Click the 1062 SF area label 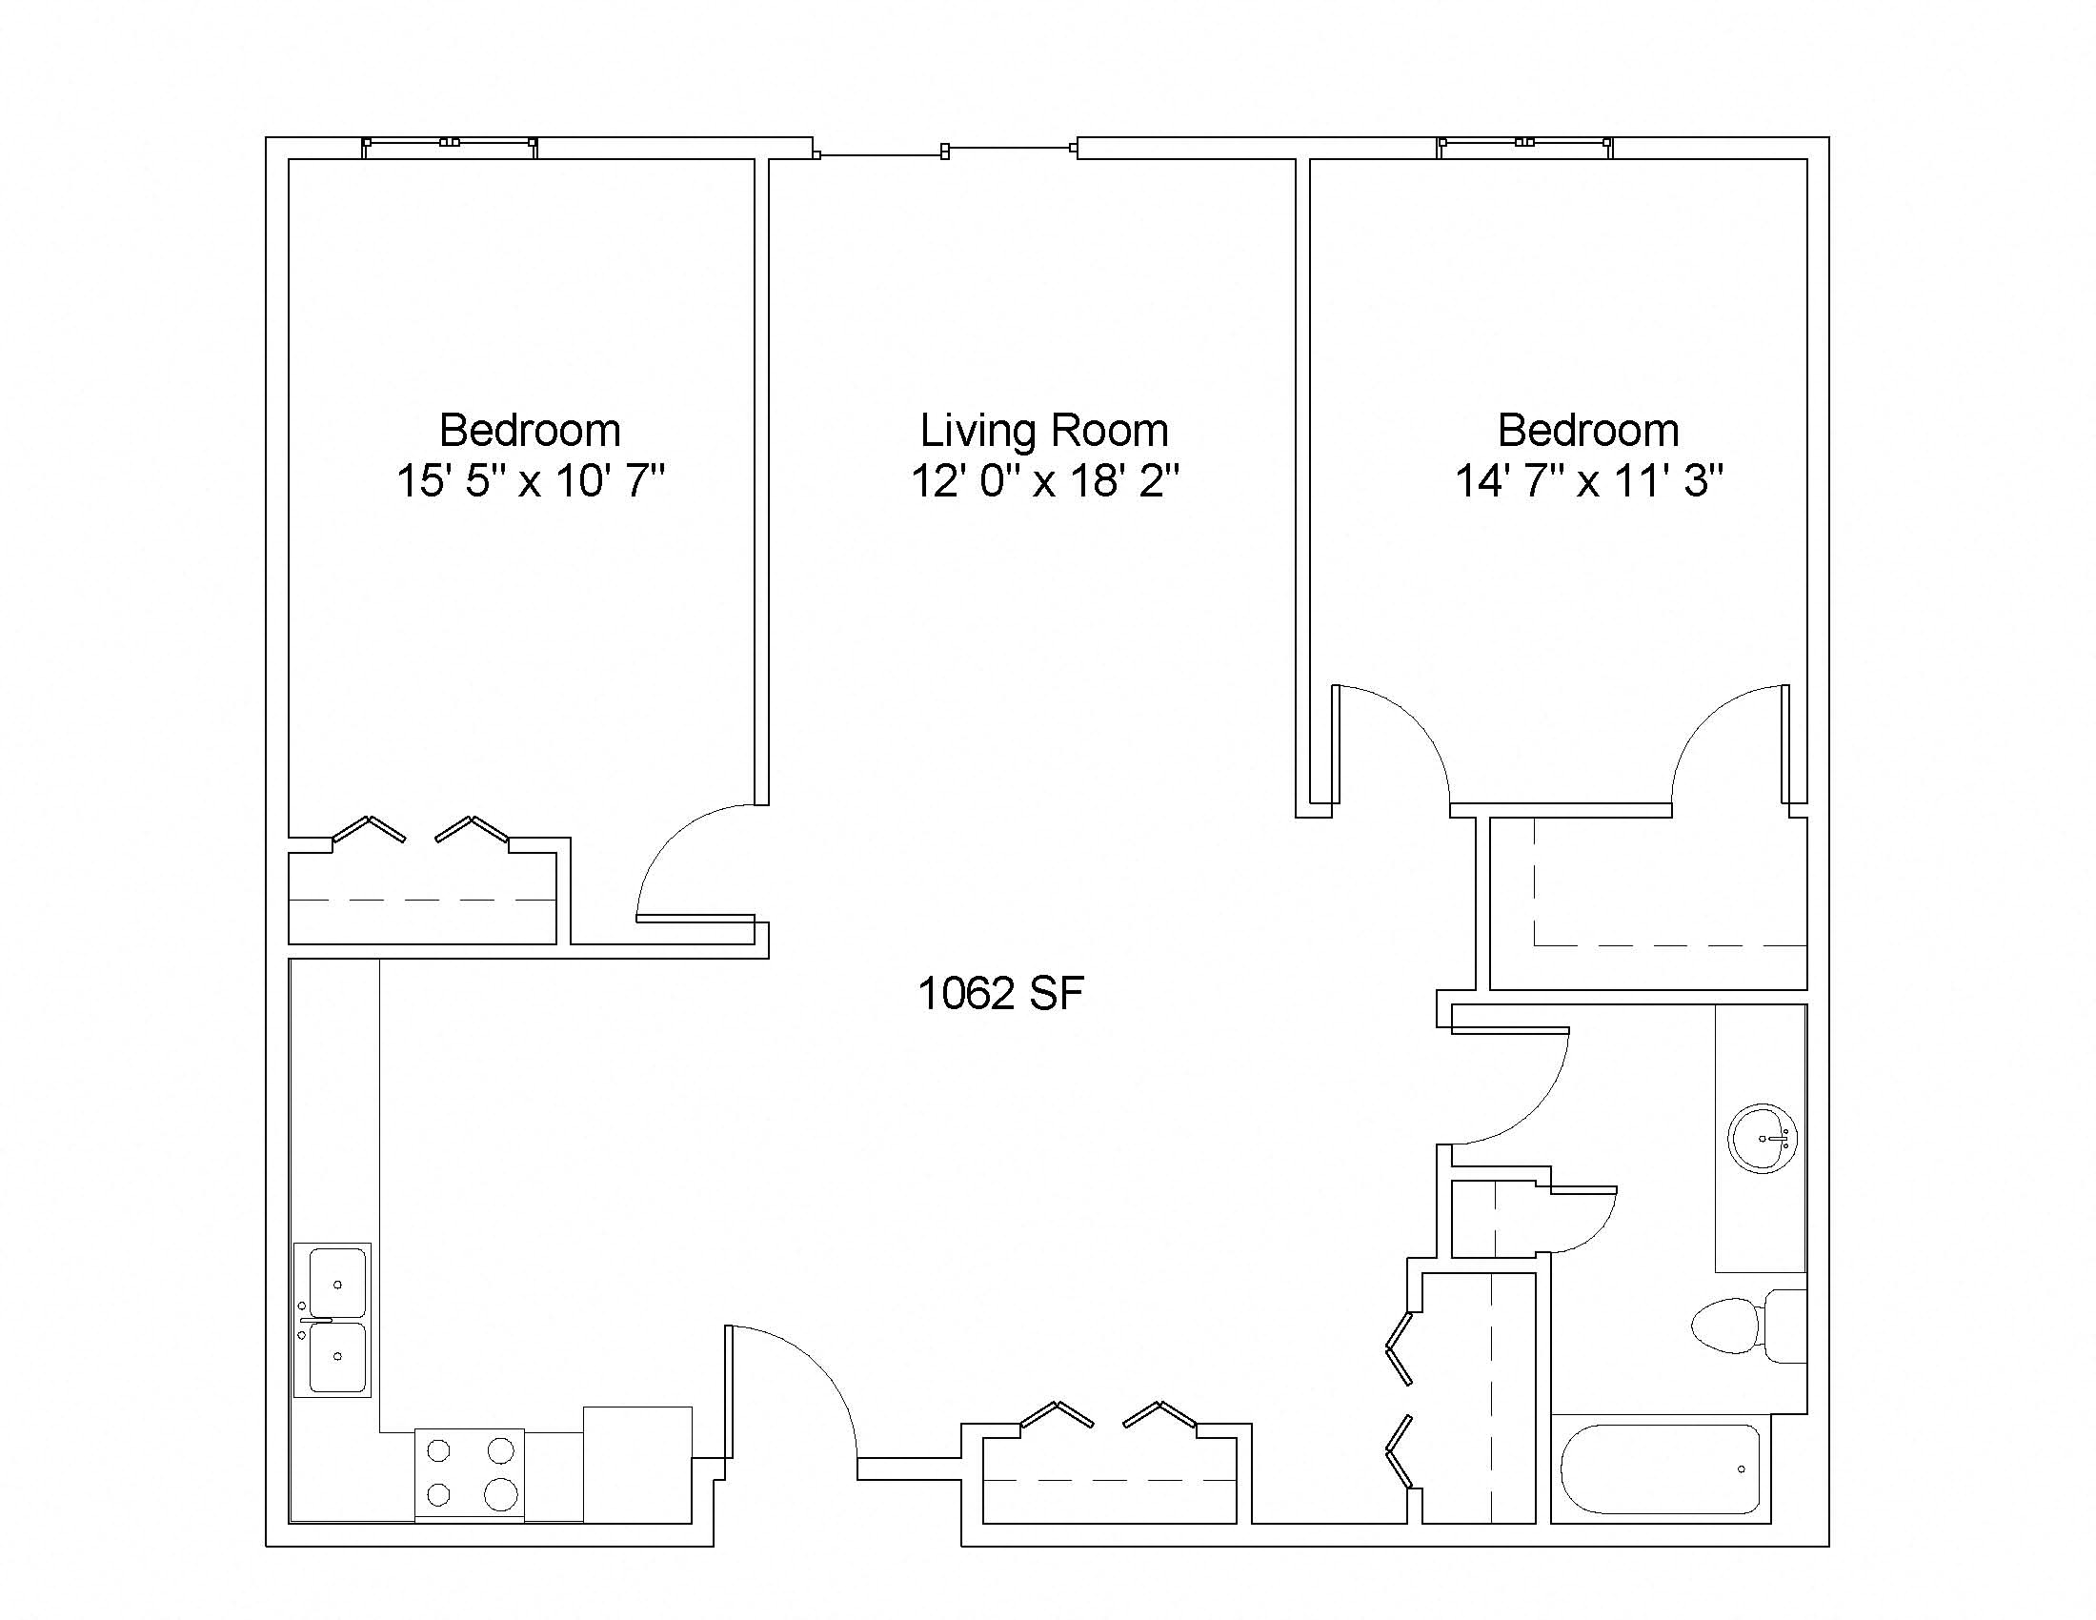click(x=1001, y=993)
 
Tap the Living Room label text click(x=1044, y=430)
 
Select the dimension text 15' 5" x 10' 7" click(x=530, y=480)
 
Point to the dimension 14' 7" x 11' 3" click(x=1589, y=480)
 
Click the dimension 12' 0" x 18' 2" click(x=1044, y=480)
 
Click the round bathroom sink click(x=1762, y=1138)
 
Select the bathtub click(x=1661, y=1469)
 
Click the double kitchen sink click(x=333, y=1320)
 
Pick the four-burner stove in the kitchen click(x=470, y=1473)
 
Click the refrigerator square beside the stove click(x=637, y=1464)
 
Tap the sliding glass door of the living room click(x=945, y=151)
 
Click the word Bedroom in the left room click(x=530, y=430)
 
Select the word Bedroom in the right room click(x=1589, y=430)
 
